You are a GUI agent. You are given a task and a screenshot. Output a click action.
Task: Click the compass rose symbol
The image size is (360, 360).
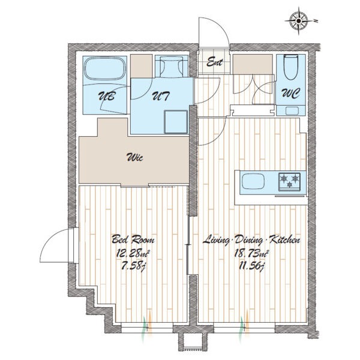pos(299,21)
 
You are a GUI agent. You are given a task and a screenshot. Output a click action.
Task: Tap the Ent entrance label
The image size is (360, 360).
pos(215,62)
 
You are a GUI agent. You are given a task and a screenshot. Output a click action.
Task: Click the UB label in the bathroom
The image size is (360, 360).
pos(106,96)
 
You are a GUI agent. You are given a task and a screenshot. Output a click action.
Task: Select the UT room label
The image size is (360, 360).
pos(161,96)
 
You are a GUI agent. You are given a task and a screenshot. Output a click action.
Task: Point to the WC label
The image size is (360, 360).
pos(291,94)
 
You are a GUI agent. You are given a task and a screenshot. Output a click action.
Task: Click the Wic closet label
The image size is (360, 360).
pos(135,158)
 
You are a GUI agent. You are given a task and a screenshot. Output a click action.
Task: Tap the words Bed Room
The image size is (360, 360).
pos(133,239)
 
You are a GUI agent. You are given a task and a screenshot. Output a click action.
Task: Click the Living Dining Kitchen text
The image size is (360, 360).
pos(251,240)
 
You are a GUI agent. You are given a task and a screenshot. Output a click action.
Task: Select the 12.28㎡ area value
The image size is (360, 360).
pos(133,254)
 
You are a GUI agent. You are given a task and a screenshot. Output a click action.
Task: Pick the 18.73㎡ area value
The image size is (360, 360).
pos(251,254)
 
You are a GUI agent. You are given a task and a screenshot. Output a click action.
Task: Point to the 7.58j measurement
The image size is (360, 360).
pos(133,267)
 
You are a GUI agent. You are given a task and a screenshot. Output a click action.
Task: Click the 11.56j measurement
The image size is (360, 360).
pos(251,267)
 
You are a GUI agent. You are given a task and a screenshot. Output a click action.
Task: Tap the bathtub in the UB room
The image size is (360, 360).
pos(106,68)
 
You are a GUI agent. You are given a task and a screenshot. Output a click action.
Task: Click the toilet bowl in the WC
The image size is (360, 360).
pos(290,67)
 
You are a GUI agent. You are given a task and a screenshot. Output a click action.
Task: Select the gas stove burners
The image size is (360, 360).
pos(289,182)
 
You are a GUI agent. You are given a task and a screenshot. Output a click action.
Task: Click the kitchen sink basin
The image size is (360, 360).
pos(253,181)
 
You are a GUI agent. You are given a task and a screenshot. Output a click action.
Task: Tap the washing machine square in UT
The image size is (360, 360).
pos(176,122)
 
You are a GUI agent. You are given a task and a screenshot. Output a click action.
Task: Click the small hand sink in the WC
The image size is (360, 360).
pos(292,111)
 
